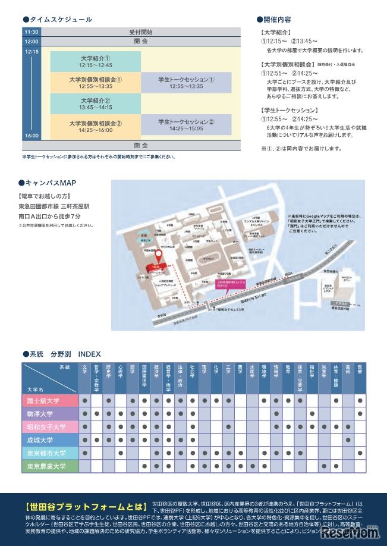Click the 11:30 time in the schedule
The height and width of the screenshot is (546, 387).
click(32, 32)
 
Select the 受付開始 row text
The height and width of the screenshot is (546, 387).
click(140, 32)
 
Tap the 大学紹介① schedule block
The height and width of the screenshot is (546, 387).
click(95, 61)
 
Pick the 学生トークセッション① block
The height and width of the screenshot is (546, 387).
click(186, 82)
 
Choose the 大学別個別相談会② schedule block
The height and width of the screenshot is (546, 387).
click(95, 126)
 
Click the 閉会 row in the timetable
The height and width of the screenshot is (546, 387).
click(140, 145)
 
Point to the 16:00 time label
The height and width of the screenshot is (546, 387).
click(32, 136)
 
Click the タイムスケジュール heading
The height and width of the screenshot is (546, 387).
click(58, 19)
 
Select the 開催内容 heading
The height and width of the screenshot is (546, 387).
click(277, 19)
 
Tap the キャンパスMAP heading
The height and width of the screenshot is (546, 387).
click(52, 183)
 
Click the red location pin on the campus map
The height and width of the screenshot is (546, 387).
click(159, 256)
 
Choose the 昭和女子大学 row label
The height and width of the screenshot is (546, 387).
click(49, 427)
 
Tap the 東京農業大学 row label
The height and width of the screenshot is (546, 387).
click(49, 466)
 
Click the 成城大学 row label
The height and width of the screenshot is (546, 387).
click(49, 440)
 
